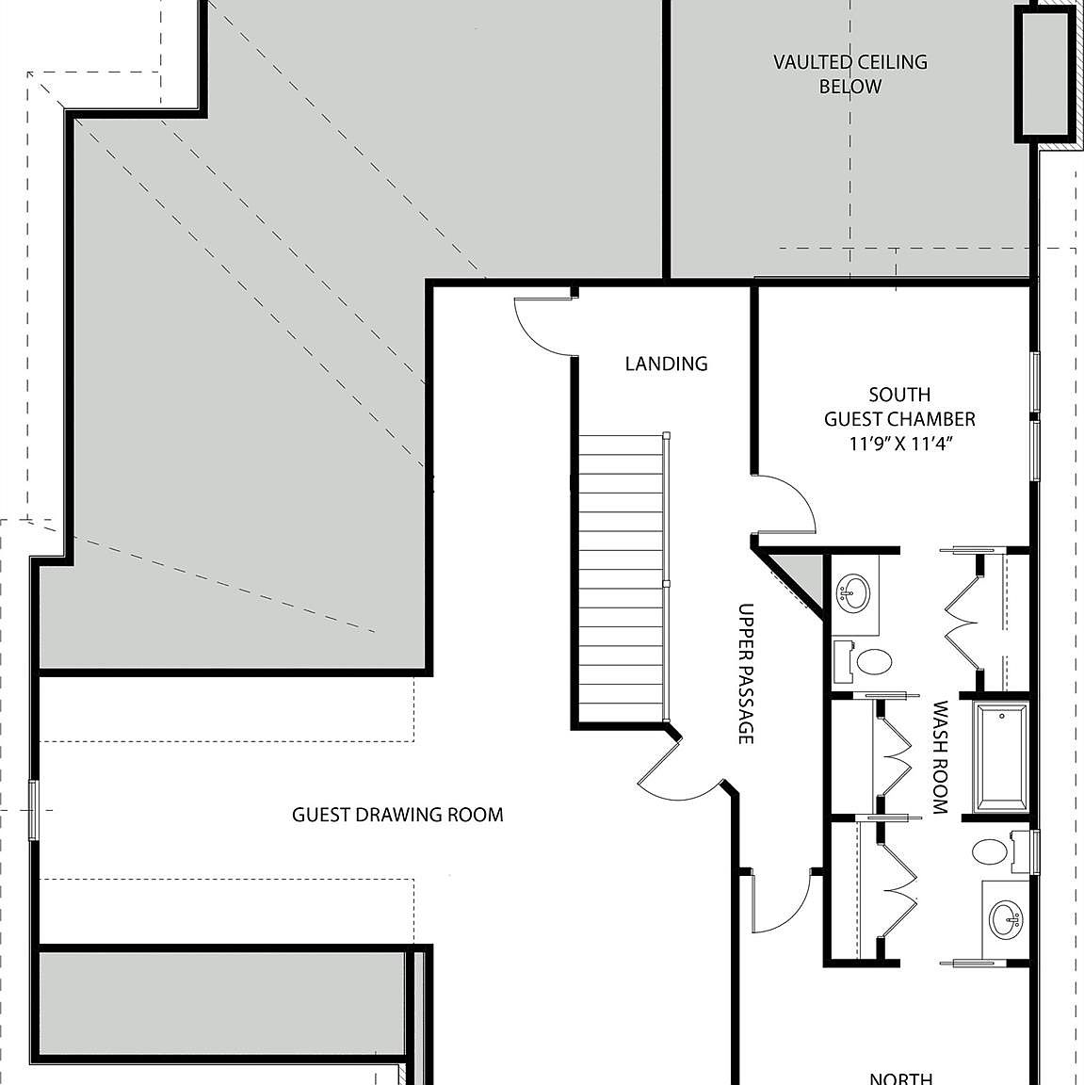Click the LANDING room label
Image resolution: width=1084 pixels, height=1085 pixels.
(x=666, y=364)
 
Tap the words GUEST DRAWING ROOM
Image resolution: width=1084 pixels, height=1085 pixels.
(x=397, y=815)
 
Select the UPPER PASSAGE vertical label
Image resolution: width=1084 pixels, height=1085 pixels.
(x=746, y=673)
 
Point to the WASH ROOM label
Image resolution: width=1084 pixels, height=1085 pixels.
(x=939, y=756)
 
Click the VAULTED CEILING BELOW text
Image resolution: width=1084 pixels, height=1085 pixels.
(x=849, y=74)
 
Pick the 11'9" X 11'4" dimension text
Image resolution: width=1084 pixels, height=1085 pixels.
(x=899, y=445)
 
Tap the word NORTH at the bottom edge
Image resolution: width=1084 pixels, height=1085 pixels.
(x=900, y=1077)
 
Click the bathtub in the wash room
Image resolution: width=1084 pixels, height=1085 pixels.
(x=1002, y=756)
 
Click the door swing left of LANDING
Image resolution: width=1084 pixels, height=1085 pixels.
(x=543, y=325)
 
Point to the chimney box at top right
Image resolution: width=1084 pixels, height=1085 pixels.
(x=1045, y=72)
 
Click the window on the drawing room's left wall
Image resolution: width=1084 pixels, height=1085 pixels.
(x=34, y=809)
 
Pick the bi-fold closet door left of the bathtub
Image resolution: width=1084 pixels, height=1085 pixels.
(x=895, y=753)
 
